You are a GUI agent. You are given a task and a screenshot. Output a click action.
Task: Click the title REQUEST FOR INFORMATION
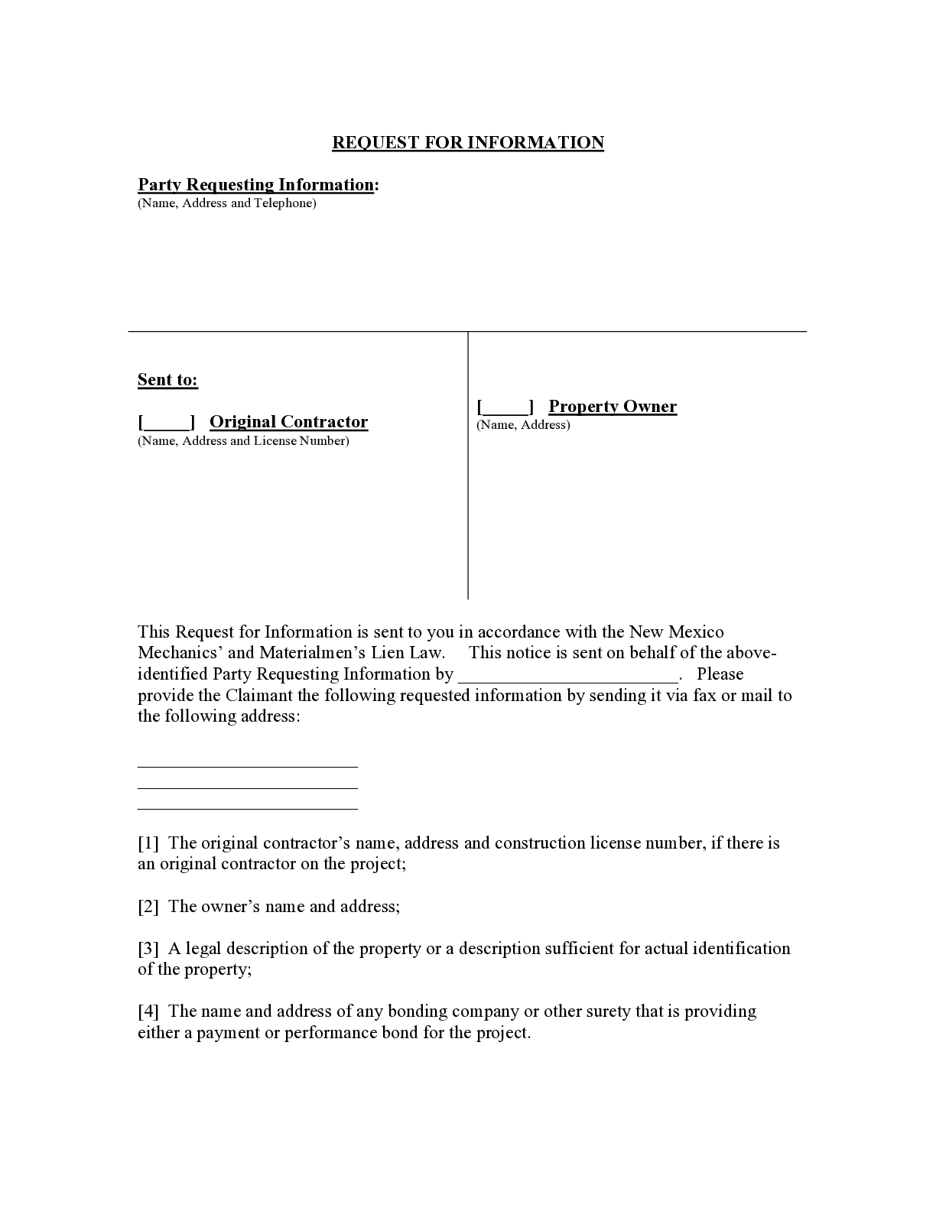point(468,143)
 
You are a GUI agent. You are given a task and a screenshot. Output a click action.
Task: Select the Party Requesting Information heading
point(257,185)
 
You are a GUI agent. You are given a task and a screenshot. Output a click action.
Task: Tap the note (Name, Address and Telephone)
point(226,203)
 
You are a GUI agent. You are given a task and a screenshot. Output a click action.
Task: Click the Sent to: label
point(167,380)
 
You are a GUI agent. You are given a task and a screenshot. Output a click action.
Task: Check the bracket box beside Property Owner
point(505,407)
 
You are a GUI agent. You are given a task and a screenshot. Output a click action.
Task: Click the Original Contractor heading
point(288,422)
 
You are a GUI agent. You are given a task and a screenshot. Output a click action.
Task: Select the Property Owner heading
point(613,407)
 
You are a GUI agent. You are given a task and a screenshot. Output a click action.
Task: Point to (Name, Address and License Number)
point(243,441)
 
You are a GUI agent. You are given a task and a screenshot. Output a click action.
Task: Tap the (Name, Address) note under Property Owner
point(523,425)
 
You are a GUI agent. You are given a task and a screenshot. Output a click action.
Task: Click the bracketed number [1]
point(148,843)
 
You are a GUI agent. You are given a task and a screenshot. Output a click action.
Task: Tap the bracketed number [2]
point(148,907)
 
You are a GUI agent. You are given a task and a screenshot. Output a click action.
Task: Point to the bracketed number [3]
point(148,949)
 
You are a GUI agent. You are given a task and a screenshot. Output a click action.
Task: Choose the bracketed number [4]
point(148,1011)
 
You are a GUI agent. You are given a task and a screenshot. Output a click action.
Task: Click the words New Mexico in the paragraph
point(676,632)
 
